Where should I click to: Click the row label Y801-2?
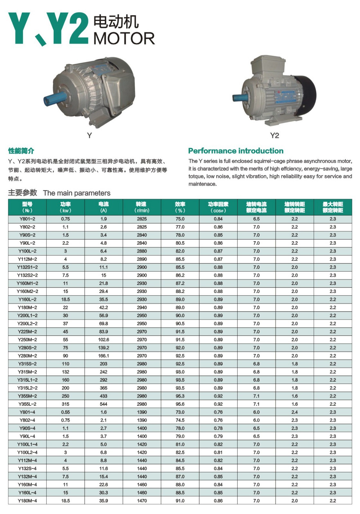pyautogui.click(x=27, y=219)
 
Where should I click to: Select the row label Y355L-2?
pyautogui.click(x=27, y=404)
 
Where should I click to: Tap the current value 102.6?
pyautogui.click(x=104, y=340)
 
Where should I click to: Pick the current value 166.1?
pyautogui.click(x=104, y=356)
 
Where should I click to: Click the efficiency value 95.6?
pyautogui.click(x=180, y=404)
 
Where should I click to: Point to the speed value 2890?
pyautogui.click(x=142, y=259)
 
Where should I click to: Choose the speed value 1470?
pyautogui.click(x=142, y=501)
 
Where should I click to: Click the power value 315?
pyautogui.click(x=66, y=404)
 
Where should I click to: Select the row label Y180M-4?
pyautogui.click(x=27, y=501)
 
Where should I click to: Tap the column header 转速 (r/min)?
pyautogui.click(x=142, y=207)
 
